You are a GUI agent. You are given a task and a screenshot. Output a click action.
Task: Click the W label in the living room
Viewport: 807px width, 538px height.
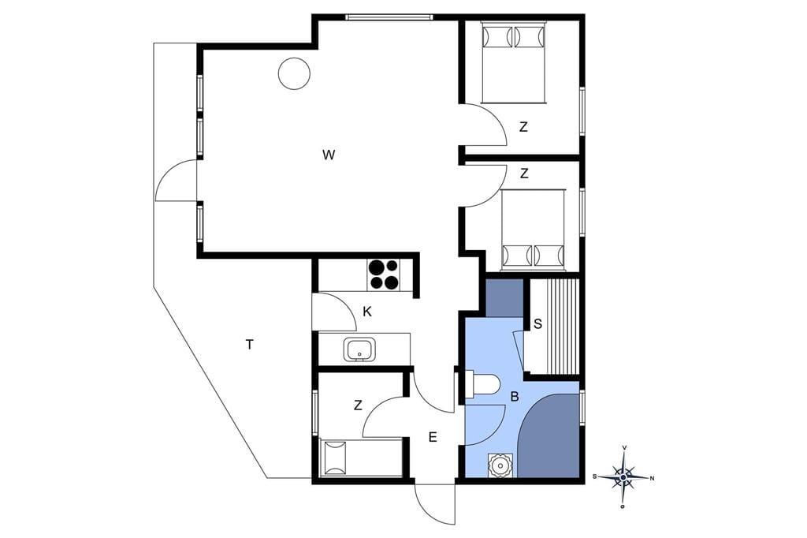click(x=329, y=155)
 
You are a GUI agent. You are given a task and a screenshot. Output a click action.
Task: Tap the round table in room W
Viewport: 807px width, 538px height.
click(x=294, y=73)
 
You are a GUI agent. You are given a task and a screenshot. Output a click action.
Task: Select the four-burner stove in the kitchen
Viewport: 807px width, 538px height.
click(x=384, y=275)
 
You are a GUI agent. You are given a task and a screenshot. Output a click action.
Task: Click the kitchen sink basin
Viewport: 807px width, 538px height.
click(x=359, y=349)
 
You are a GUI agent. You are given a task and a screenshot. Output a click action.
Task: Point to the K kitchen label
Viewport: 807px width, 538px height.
click(x=367, y=312)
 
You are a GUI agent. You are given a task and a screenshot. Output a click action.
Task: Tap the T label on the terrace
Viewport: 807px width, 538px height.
click(x=250, y=345)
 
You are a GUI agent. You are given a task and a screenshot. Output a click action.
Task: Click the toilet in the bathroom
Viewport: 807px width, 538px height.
click(x=482, y=384)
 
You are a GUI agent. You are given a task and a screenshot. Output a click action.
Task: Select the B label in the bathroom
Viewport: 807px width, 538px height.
click(x=514, y=397)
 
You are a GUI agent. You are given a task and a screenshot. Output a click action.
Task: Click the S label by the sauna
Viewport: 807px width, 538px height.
click(x=537, y=324)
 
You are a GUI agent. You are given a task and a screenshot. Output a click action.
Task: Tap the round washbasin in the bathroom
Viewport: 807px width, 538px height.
click(x=499, y=466)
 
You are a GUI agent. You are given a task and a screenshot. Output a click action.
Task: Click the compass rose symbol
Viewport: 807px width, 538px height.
click(x=623, y=477)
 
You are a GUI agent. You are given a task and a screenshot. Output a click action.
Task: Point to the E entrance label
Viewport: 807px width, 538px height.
click(x=433, y=438)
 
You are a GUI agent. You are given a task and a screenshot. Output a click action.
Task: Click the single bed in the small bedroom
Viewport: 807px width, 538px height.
click(x=361, y=458)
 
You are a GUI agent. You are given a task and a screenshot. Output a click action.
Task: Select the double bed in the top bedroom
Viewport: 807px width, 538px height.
click(x=513, y=62)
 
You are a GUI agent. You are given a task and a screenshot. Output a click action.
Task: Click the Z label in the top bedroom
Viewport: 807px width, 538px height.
click(x=523, y=127)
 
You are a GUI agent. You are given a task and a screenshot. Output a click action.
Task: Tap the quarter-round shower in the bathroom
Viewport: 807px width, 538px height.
click(x=549, y=436)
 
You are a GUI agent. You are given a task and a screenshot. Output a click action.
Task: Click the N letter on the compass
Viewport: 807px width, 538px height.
click(x=652, y=479)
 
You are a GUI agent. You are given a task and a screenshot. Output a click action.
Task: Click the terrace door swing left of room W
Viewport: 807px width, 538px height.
click(x=176, y=180)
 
